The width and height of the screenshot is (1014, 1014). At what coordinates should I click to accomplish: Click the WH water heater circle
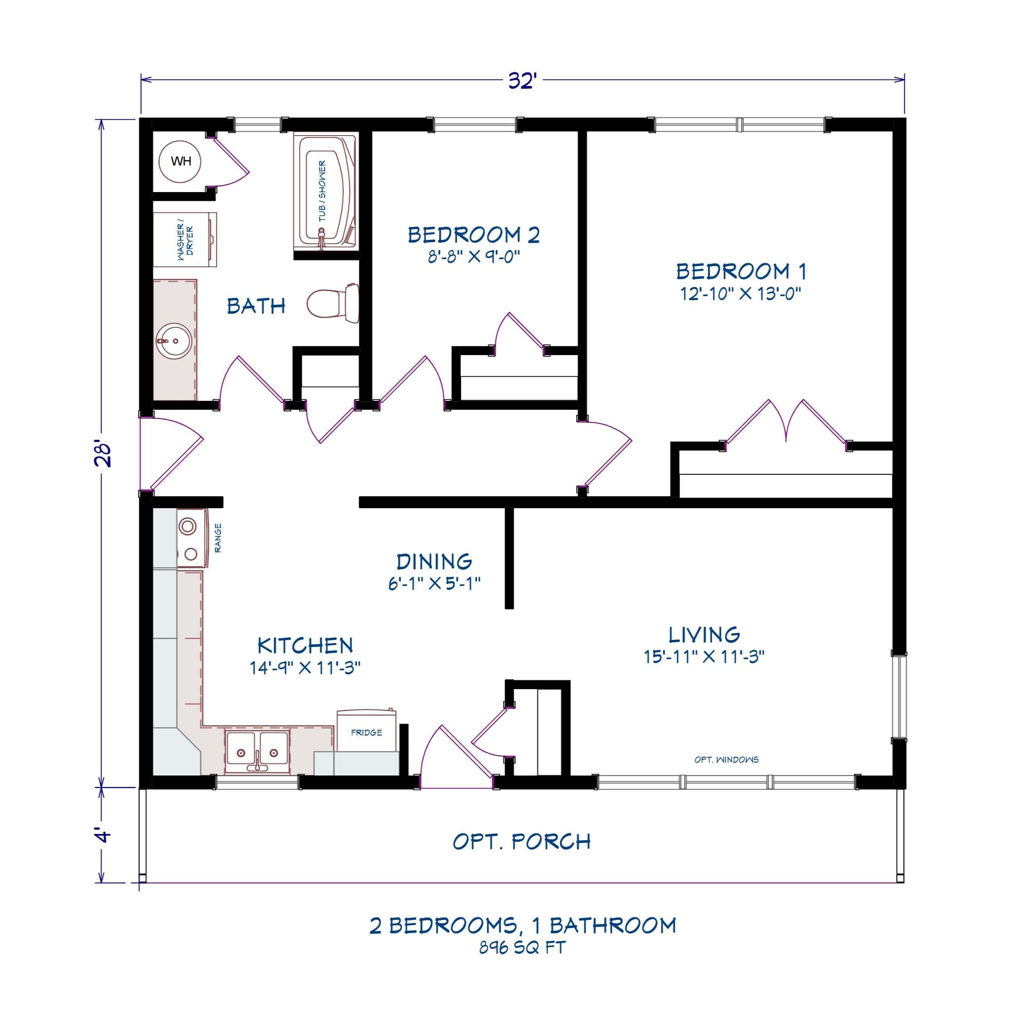181,161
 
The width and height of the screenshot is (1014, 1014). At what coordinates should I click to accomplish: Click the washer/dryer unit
185,240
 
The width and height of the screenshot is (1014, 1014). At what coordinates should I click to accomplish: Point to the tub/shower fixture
324,190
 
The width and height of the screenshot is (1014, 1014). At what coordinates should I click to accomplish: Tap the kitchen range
192,538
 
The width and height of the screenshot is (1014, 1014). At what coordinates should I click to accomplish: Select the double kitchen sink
256,752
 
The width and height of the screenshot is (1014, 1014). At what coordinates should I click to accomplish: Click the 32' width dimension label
522,82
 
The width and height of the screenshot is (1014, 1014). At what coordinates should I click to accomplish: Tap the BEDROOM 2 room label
474,235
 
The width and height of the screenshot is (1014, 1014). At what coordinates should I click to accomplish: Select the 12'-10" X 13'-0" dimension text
741,293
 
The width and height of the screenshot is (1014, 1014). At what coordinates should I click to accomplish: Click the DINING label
434,561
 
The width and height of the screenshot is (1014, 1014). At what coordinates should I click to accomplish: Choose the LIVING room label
704,635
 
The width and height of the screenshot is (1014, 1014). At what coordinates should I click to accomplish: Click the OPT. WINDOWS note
727,760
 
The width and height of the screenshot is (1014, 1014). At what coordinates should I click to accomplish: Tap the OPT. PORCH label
522,841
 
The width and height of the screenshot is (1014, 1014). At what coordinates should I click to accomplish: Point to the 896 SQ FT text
522,948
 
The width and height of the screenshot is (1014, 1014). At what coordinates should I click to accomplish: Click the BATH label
256,305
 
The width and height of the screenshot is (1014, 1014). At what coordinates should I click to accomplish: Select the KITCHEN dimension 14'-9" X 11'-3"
305,668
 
